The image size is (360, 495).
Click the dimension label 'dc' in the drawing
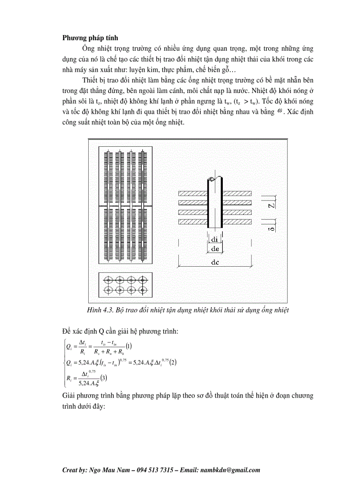[215, 261]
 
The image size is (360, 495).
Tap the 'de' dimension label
[215, 249]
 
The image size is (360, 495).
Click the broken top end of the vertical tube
[215, 179]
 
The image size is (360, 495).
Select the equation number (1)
[129, 346]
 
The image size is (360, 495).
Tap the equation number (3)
[103, 377]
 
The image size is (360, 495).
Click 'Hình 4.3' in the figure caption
[99, 310]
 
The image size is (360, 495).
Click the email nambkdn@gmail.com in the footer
[229, 470]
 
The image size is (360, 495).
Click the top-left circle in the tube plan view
[107, 279]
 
